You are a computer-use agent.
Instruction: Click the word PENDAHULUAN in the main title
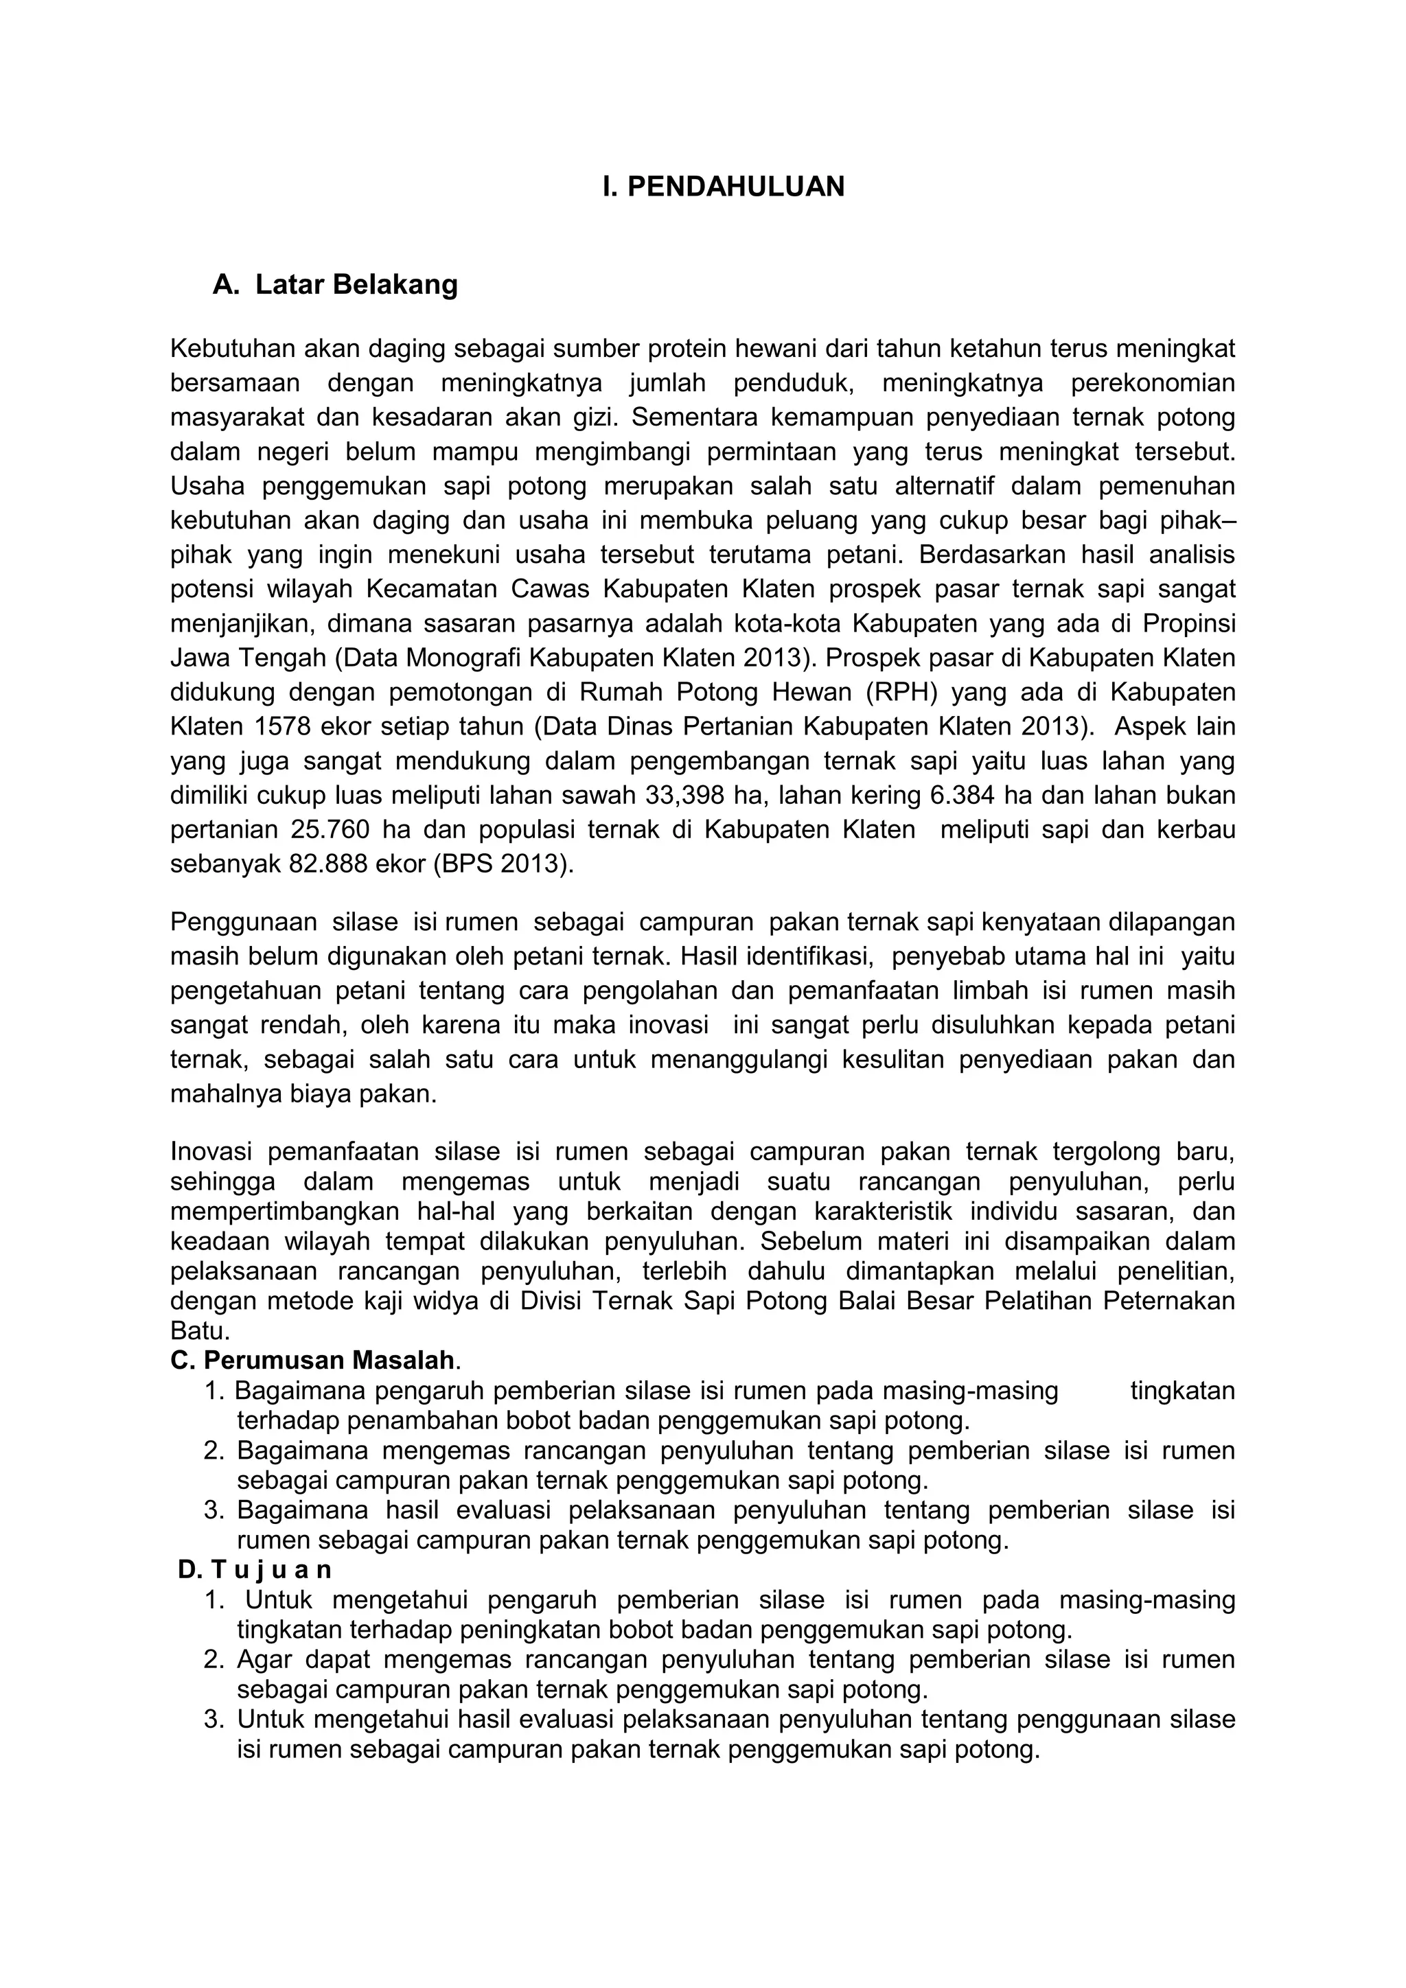click(735, 186)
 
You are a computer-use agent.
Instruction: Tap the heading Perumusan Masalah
click(329, 1361)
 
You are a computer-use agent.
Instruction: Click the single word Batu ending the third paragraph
click(198, 1331)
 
